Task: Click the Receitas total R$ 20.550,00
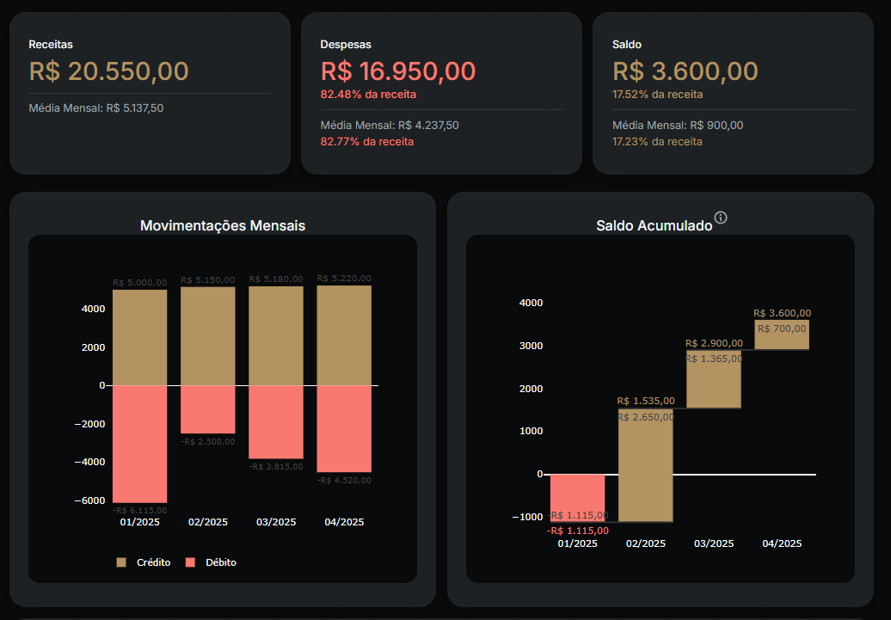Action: point(108,71)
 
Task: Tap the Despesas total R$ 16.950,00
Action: point(398,71)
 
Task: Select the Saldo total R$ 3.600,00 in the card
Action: point(685,71)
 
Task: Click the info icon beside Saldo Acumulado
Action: point(721,218)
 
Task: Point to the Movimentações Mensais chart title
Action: point(223,226)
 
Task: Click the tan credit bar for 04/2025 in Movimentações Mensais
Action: point(344,335)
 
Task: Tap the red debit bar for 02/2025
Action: point(207,409)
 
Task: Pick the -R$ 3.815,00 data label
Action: point(275,466)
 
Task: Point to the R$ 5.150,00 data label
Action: point(207,279)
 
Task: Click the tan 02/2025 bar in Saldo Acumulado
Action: point(646,464)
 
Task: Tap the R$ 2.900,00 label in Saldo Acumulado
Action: point(714,343)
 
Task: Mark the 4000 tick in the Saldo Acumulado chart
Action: point(531,303)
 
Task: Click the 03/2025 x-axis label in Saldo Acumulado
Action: point(714,543)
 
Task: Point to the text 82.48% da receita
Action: point(367,94)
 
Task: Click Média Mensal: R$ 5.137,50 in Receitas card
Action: point(95,108)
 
